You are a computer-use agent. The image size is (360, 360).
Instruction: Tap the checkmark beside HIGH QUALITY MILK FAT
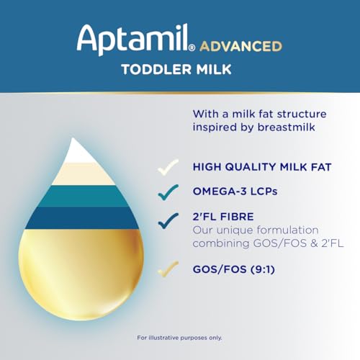coord(168,166)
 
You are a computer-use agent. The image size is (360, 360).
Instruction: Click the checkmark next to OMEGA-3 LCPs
coord(168,191)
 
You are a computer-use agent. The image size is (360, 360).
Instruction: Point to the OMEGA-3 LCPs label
coord(233,191)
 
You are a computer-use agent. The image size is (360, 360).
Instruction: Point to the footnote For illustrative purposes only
coord(179,336)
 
